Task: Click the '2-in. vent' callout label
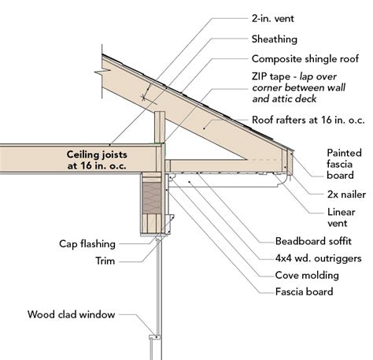273,19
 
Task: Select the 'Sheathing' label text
275,39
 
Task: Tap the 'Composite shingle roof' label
305,59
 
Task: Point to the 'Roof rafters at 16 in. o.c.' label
308,120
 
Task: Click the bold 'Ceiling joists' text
97,154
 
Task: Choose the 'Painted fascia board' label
344,164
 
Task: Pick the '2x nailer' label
346,195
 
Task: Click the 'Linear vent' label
342,217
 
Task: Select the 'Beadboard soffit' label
313,241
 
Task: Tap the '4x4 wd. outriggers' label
318,258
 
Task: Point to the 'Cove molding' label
307,276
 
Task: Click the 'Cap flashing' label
87,244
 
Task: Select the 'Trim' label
105,261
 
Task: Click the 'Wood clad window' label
71,314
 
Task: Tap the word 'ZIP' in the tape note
260,76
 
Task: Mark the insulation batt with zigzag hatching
152,198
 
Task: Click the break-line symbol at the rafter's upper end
102,72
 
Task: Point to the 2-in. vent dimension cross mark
143,98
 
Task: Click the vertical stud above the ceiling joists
160,127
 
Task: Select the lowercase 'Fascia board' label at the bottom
304,291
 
